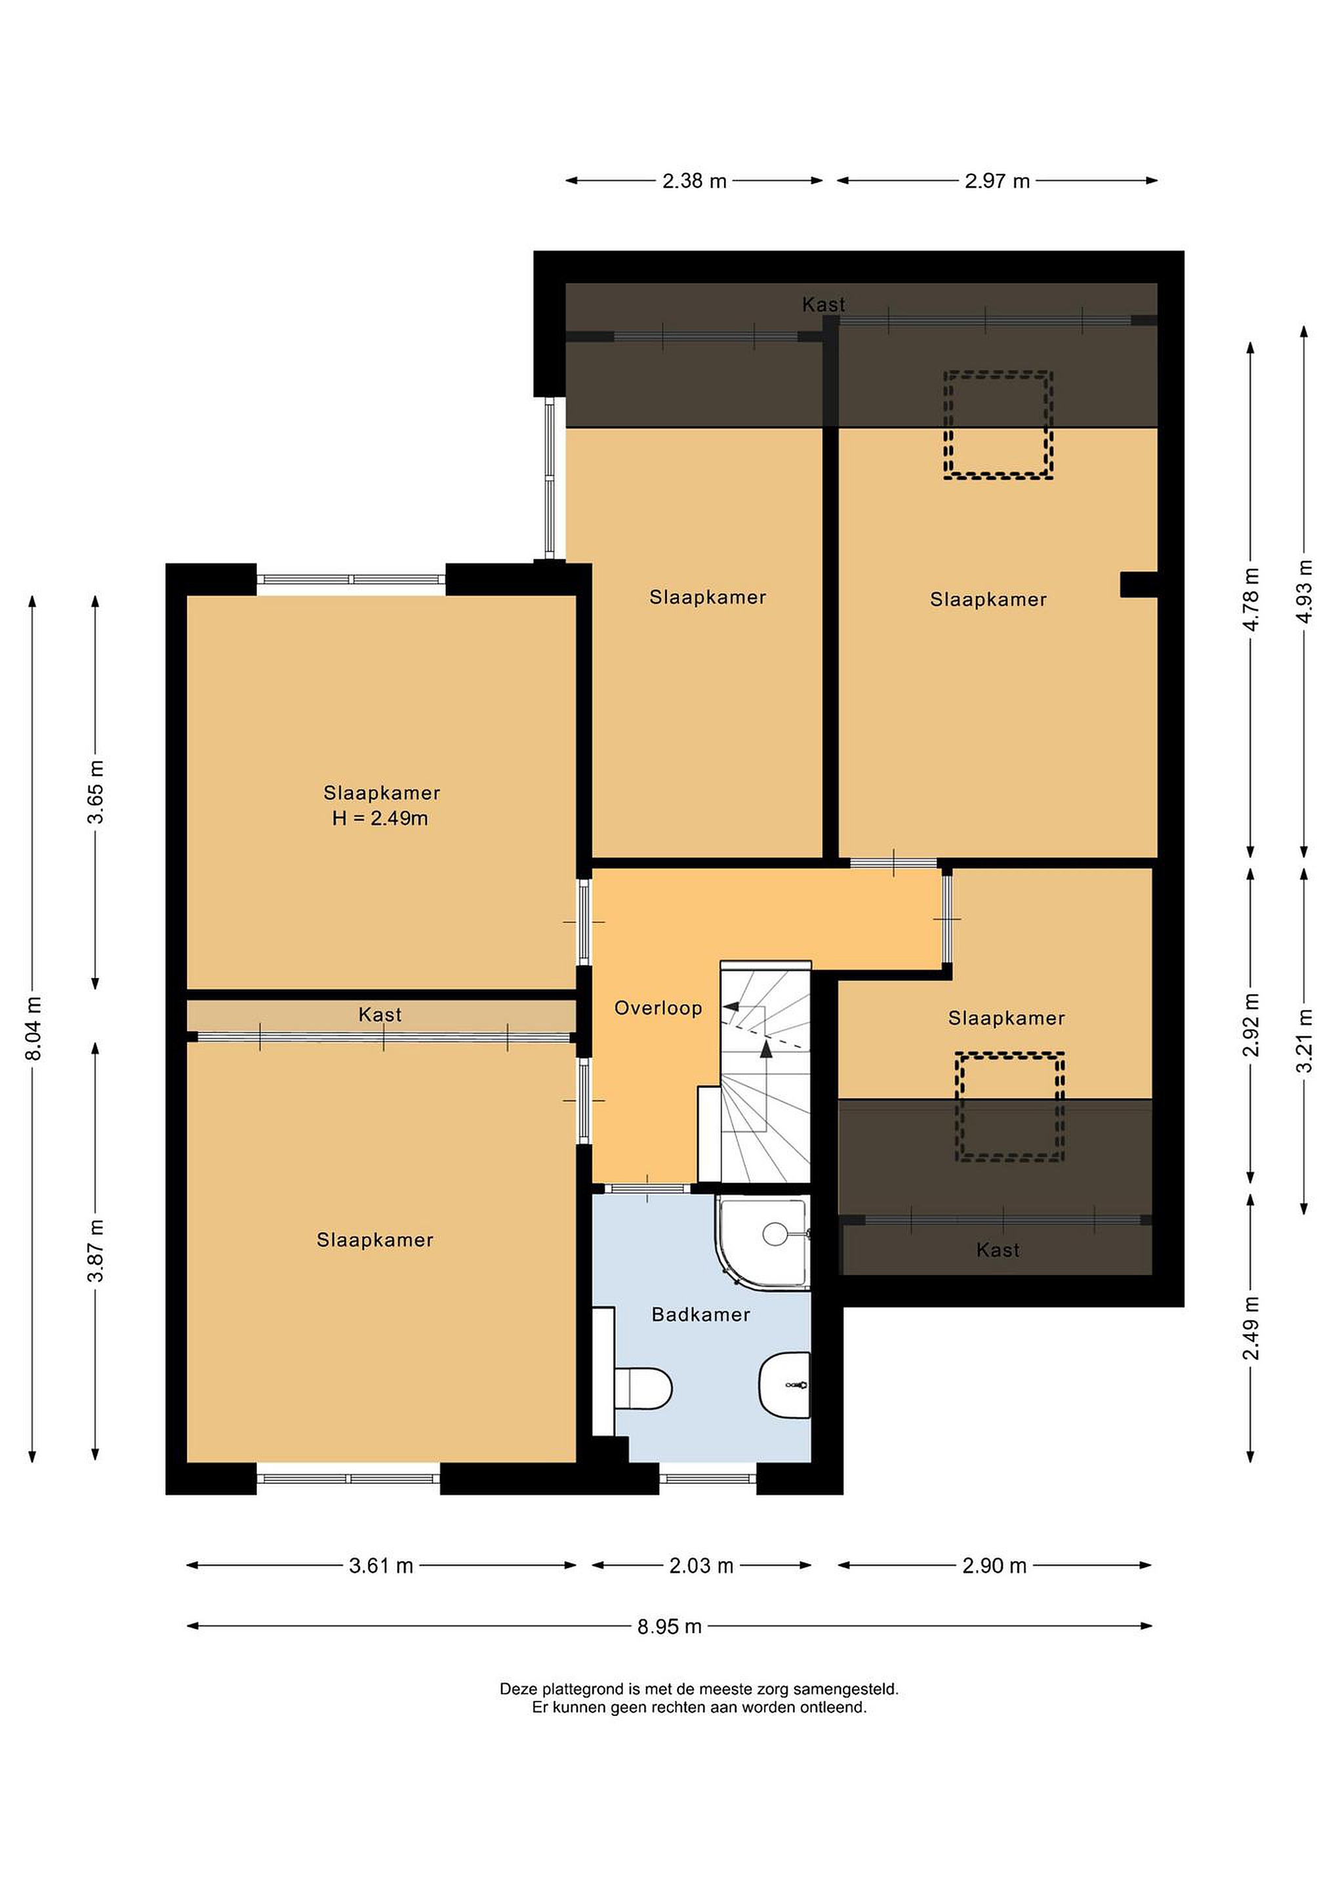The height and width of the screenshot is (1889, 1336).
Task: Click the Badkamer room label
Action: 701,1314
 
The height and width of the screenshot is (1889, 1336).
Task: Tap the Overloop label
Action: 658,1008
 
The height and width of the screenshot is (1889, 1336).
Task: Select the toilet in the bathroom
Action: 643,1389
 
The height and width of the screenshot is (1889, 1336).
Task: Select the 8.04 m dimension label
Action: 33,1028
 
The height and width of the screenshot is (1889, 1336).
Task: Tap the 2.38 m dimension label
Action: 695,181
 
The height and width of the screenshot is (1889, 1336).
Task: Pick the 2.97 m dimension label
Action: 997,181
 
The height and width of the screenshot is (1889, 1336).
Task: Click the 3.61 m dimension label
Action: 381,1566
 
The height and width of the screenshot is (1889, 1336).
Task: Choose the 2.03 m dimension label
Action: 701,1566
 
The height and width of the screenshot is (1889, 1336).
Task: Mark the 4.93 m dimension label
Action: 1305,592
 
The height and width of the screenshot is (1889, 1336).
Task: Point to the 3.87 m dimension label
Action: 96,1251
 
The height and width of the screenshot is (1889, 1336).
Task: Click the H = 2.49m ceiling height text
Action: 380,819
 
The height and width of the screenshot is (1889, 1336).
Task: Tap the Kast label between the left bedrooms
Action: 380,1015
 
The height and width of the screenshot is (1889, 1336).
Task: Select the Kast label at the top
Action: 824,304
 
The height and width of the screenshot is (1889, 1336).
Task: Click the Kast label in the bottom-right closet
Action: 998,1251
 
